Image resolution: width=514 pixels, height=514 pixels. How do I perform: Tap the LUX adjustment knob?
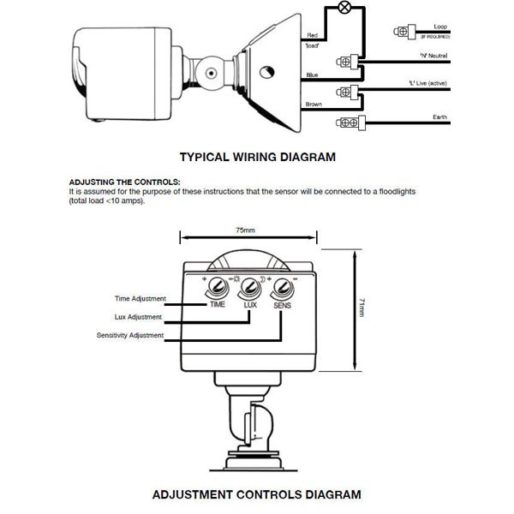(x=249, y=287)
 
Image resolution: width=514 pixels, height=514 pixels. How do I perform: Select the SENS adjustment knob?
(x=282, y=287)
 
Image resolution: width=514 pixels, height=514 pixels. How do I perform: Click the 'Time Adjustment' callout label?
(x=140, y=299)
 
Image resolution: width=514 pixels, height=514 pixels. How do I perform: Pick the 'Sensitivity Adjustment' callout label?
(x=130, y=334)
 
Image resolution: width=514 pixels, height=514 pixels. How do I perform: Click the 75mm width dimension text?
(x=247, y=230)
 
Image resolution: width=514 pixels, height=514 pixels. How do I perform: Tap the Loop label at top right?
(x=441, y=27)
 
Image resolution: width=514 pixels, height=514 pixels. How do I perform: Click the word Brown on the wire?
(x=314, y=105)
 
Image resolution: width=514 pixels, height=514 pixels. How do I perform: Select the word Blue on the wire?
(x=313, y=75)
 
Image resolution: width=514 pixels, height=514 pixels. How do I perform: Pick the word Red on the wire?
(x=313, y=35)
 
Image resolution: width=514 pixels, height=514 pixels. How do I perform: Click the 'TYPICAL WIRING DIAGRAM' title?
(x=256, y=158)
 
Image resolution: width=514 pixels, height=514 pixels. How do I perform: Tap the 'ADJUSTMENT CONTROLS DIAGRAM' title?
(x=256, y=494)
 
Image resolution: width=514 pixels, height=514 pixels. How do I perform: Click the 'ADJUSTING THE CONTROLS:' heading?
(x=124, y=182)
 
